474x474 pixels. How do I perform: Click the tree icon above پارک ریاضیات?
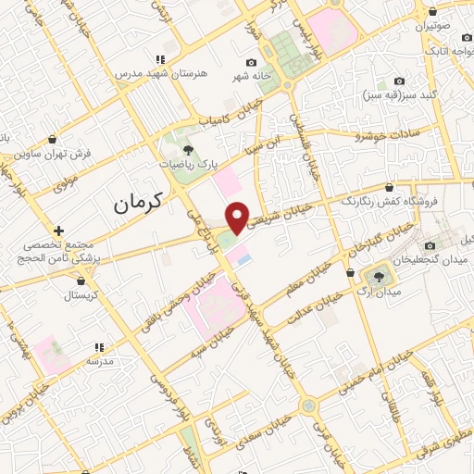(188, 148)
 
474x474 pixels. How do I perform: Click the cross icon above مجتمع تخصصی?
(59, 230)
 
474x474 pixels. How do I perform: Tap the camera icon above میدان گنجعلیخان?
(430, 245)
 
